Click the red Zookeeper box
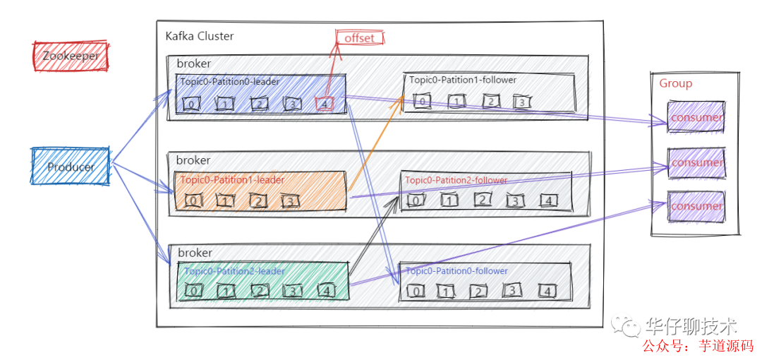(71, 56)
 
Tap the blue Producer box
(71, 167)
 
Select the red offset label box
(360, 38)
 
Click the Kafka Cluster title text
(200, 36)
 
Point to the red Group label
(675, 83)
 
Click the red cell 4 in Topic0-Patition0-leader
(324, 104)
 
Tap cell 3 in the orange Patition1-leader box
(289, 201)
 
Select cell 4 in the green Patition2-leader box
(325, 290)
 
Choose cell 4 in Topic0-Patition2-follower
(548, 200)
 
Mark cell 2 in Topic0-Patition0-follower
(478, 291)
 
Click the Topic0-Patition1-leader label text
(232, 180)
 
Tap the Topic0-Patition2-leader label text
(234, 271)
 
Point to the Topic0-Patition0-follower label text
(456, 271)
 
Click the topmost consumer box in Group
(696, 117)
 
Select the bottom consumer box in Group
(696, 206)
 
